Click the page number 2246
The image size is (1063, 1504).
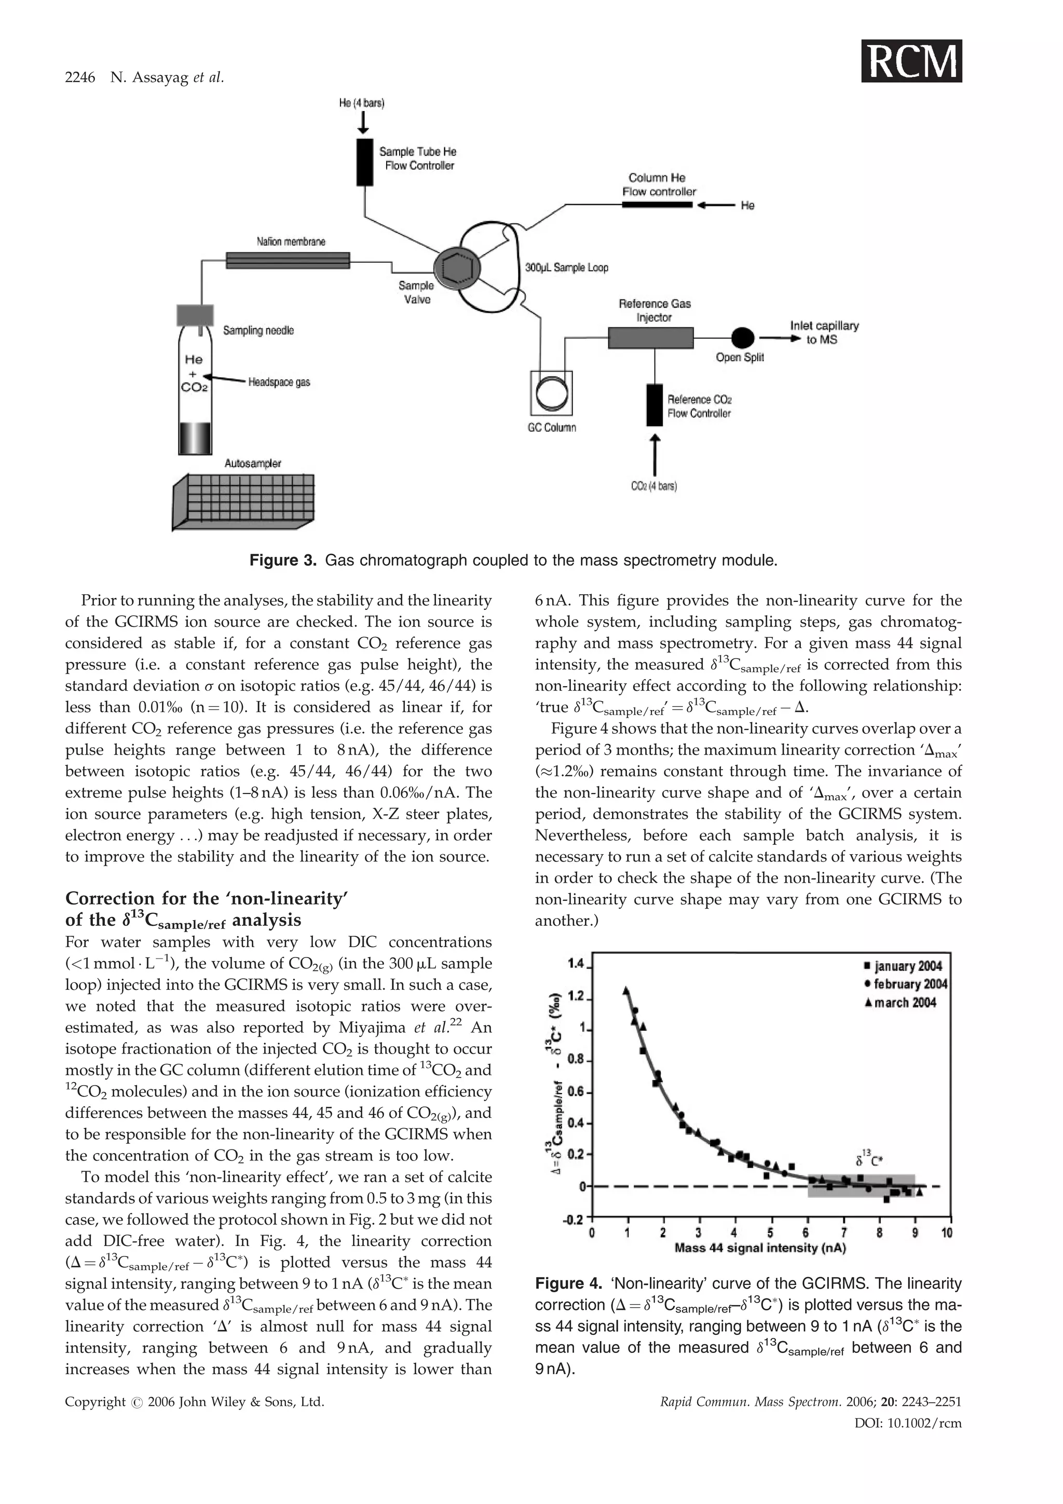tap(80, 78)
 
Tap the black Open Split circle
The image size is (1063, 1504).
tap(742, 338)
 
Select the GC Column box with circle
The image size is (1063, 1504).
tap(551, 393)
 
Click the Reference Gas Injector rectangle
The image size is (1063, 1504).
tap(650, 338)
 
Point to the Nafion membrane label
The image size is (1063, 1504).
tap(291, 242)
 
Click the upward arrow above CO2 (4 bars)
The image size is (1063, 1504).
tap(655, 455)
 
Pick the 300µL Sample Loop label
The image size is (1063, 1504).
tap(567, 267)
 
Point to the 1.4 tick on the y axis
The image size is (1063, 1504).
tap(576, 963)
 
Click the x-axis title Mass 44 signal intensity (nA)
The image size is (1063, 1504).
tap(760, 1248)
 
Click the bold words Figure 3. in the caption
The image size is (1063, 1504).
tap(283, 560)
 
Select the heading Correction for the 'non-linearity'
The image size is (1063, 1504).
tap(206, 898)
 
